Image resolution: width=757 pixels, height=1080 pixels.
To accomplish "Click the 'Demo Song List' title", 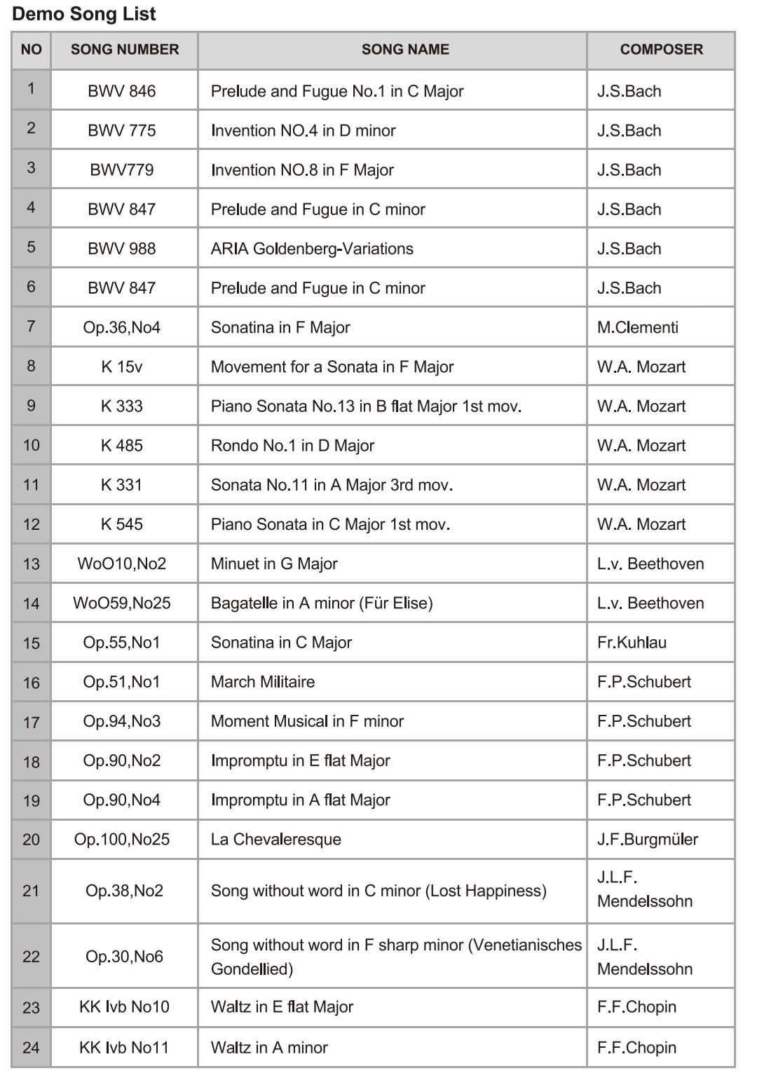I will [x=84, y=14].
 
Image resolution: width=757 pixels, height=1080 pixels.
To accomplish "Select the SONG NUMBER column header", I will [x=125, y=50].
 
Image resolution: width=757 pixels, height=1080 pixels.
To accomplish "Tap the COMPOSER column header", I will [x=661, y=50].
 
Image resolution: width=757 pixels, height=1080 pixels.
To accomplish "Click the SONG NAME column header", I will [x=405, y=50].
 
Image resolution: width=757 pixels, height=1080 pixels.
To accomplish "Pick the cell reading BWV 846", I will [x=122, y=91].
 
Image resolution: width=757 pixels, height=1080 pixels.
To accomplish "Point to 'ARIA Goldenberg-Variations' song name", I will [x=312, y=249].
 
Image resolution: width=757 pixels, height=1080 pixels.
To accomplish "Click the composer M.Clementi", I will [x=637, y=327].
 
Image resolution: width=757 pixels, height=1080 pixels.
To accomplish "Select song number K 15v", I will [x=122, y=367].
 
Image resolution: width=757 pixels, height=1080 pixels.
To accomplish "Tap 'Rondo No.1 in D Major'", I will [x=292, y=446].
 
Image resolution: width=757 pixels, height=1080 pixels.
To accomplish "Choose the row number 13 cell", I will [x=32, y=564].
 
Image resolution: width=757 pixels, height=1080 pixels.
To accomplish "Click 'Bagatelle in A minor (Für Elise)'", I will [x=322, y=603].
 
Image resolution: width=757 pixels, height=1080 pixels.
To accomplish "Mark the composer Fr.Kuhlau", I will [x=632, y=643].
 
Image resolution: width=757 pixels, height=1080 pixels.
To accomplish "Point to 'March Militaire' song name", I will [x=263, y=682].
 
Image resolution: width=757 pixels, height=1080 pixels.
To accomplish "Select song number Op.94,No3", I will [x=122, y=721].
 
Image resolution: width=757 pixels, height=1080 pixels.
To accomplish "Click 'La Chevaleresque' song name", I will [x=276, y=840].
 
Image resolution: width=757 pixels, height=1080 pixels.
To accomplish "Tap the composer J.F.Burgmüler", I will [x=648, y=840].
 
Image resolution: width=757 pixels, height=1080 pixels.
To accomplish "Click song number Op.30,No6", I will [x=124, y=957].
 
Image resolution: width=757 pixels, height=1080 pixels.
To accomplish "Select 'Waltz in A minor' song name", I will [x=269, y=1048].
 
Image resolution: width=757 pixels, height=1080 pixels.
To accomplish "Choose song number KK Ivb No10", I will [x=124, y=1007].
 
